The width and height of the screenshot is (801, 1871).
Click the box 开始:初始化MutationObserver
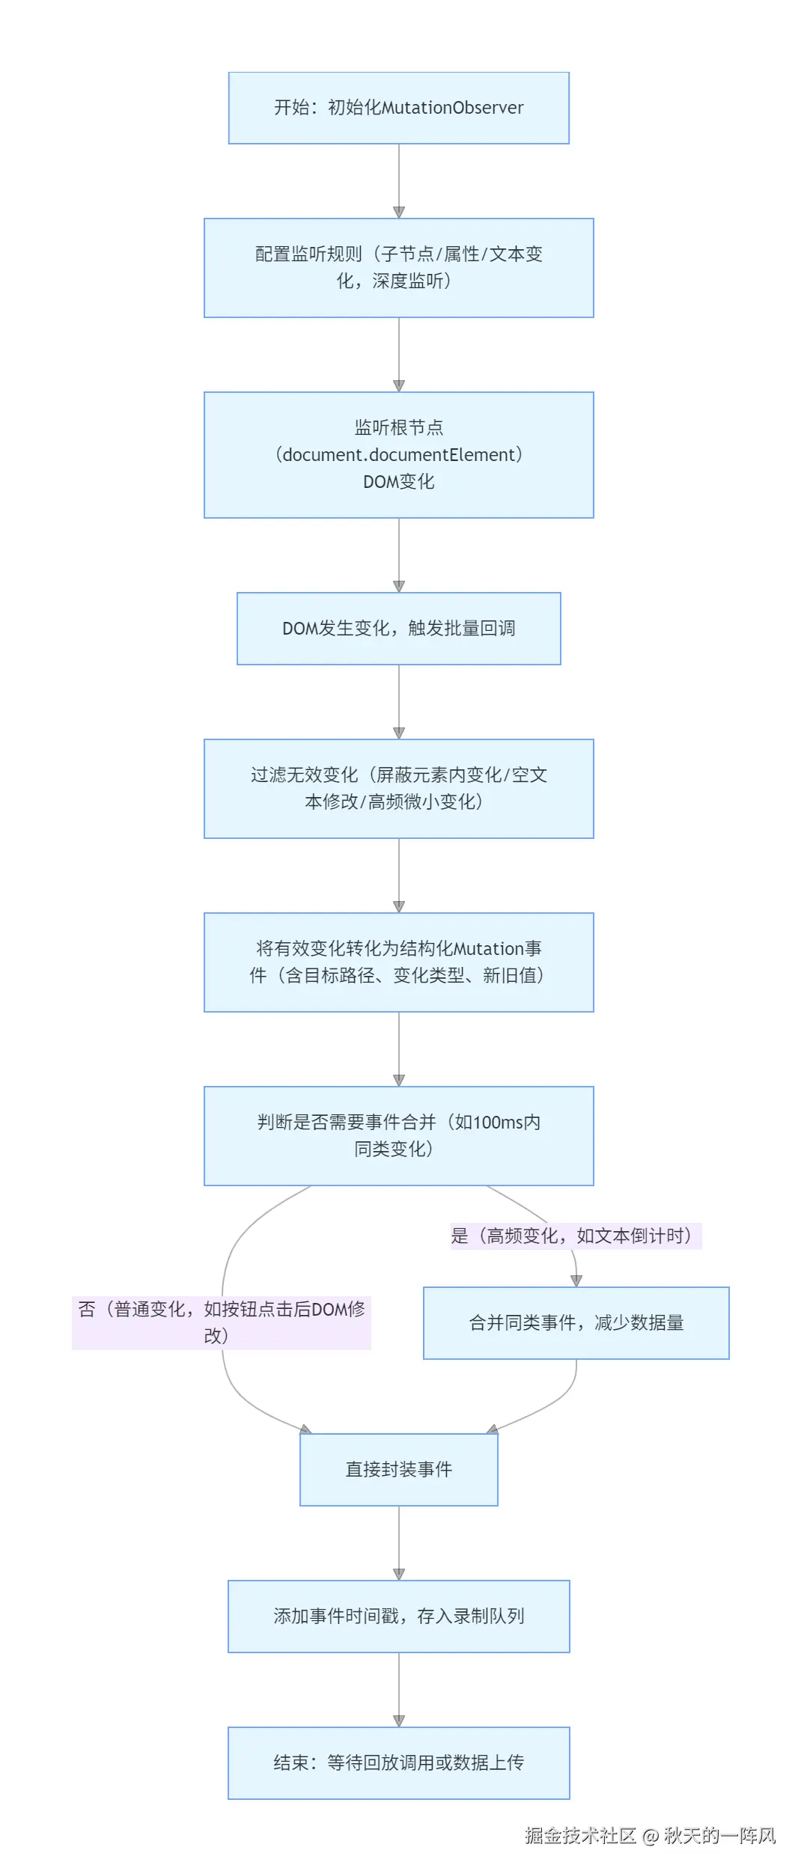pyautogui.click(x=398, y=108)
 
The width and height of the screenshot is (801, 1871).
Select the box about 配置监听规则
pyautogui.click(x=398, y=267)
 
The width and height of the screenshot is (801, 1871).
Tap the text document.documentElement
pyautogui.click(x=398, y=454)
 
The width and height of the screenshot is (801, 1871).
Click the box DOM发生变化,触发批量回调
pyautogui.click(x=398, y=628)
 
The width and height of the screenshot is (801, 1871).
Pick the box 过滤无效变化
pyautogui.click(x=398, y=788)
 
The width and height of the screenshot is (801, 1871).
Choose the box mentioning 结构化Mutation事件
pyautogui.click(x=398, y=962)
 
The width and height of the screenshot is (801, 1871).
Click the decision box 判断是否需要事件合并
pyautogui.click(x=398, y=1135)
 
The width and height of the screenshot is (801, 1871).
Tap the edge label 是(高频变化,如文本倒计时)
pyautogui.click(x=575, y=1236)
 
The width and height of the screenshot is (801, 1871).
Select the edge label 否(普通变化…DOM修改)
pyautogui.click(x=222, y=1322)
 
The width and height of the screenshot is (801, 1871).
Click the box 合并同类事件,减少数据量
pyautogui.click(x=576, y=1322)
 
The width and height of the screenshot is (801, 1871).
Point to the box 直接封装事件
pyautogui.click(x=398, y=1469)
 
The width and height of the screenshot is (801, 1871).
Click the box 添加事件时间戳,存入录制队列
pyautogui.click(x=398, y=1616)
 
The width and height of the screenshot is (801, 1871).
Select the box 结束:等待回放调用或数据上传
pyautogui.click(x=398, y=1762)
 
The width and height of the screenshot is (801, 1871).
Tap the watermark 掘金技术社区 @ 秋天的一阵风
pyautogui.click(x=650, y=1835)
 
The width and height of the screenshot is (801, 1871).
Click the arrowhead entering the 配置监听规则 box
pyautogui.click(x=399, y=213)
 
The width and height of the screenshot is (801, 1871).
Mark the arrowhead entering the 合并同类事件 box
pyautogui.click(x=576, y=1281)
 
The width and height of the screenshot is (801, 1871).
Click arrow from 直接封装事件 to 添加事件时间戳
pyautogui.click(x=399, y=1542)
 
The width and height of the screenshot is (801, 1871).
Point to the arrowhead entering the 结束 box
pyautogui.click(x=399, y=1721)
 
